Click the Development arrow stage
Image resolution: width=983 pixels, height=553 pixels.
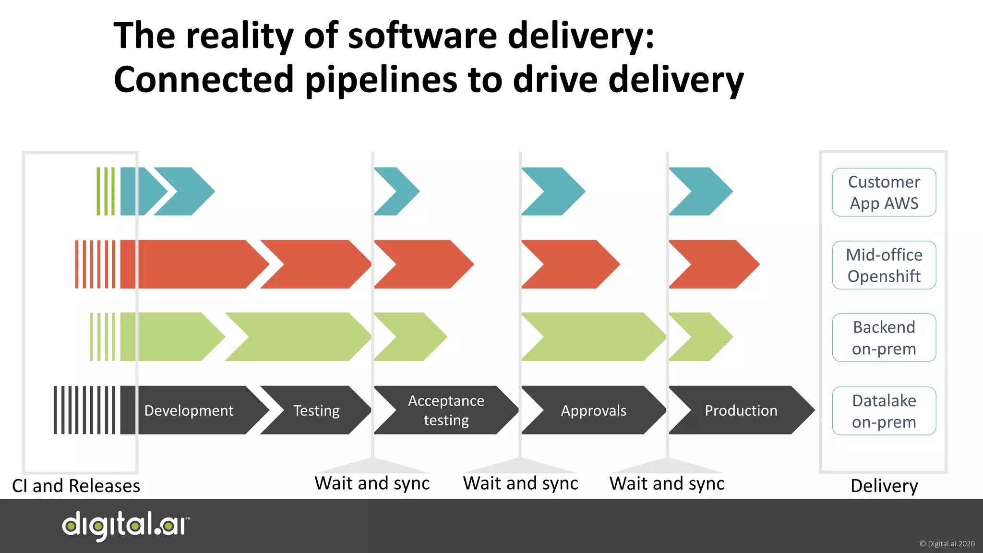tap(190, 410)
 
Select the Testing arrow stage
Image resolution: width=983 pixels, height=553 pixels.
tap(316, 410)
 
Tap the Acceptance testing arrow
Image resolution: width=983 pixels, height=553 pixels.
tap(446, 410)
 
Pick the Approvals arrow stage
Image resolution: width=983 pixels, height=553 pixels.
tap(594, 410)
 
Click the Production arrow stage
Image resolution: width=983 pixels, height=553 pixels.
tap(741, 410)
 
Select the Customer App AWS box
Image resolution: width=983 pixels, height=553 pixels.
tap(884, 192)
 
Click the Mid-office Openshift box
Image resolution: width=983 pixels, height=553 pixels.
tap(884, 265)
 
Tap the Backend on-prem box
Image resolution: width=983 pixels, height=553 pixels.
tap(884, 337)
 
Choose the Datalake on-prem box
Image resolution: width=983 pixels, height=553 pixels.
tap(884, 411)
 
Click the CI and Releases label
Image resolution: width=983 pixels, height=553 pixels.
tap(76, 486)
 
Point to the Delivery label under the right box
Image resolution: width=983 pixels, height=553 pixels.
tap(884, 486)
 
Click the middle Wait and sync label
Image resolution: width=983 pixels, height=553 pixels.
tap(520, 483)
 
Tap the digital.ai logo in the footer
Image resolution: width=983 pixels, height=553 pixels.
tap(126, 526)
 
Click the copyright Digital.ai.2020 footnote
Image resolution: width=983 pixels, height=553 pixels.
tap(947, 544)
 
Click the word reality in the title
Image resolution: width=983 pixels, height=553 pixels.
tap(240, 36)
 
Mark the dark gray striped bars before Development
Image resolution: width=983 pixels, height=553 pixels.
tap(84, 410)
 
